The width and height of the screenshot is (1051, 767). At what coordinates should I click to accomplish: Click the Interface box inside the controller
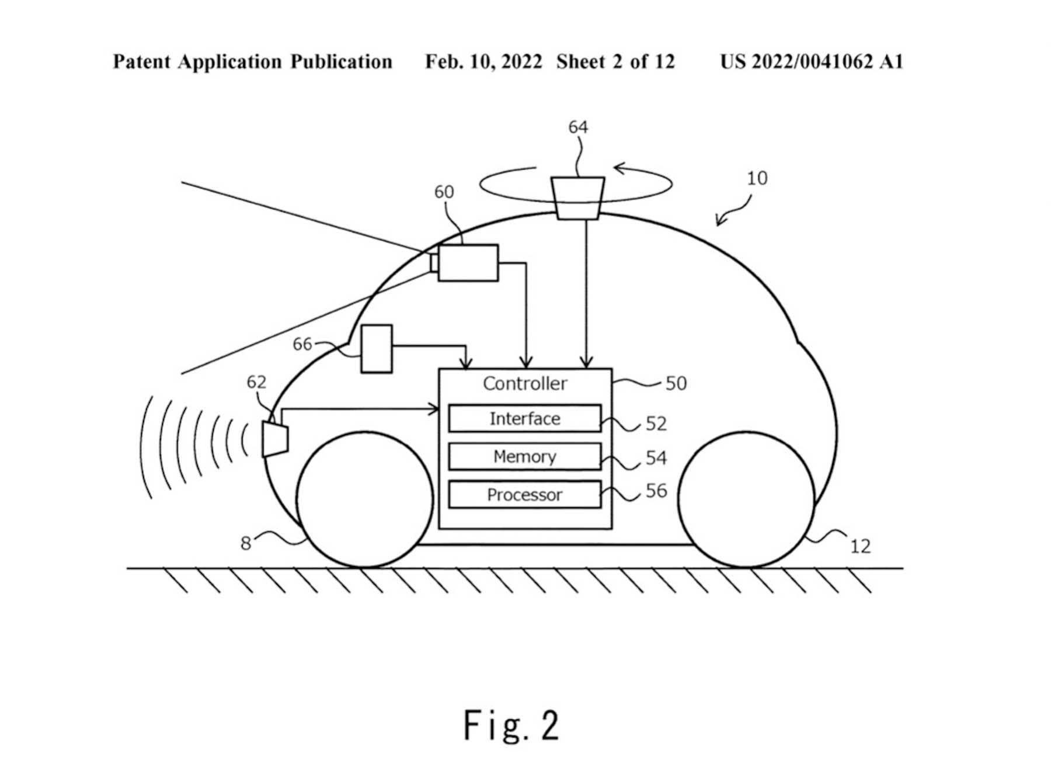524,418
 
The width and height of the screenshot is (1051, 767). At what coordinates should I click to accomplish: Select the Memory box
524,456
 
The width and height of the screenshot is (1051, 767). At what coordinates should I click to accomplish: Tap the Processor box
524,495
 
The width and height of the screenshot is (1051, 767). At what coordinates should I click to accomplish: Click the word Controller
524,383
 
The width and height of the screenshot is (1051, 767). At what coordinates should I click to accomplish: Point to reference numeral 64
578,127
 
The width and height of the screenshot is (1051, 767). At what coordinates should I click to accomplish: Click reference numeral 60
444,192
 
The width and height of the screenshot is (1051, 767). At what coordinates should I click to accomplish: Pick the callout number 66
302,344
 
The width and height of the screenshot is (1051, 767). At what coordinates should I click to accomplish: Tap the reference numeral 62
256,381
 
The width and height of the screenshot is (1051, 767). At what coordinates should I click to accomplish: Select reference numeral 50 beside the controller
676,383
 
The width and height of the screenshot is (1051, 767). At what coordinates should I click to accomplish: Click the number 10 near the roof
757,178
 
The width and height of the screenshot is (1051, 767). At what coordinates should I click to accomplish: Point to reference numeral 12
860,546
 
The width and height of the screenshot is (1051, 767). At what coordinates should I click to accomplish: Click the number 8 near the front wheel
246,543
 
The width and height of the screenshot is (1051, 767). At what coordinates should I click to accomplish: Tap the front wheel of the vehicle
364,499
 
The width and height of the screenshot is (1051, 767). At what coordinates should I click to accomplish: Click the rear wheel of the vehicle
746,499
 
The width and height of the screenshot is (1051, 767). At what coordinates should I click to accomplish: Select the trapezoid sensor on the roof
577,198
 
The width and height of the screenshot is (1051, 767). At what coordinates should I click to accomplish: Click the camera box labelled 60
468,263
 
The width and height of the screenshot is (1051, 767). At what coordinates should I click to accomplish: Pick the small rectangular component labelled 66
377,349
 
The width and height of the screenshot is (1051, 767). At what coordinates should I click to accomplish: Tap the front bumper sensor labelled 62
275,439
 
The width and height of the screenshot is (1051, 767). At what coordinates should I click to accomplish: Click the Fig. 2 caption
511,726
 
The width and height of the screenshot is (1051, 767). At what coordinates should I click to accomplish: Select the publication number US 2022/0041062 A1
811,62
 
